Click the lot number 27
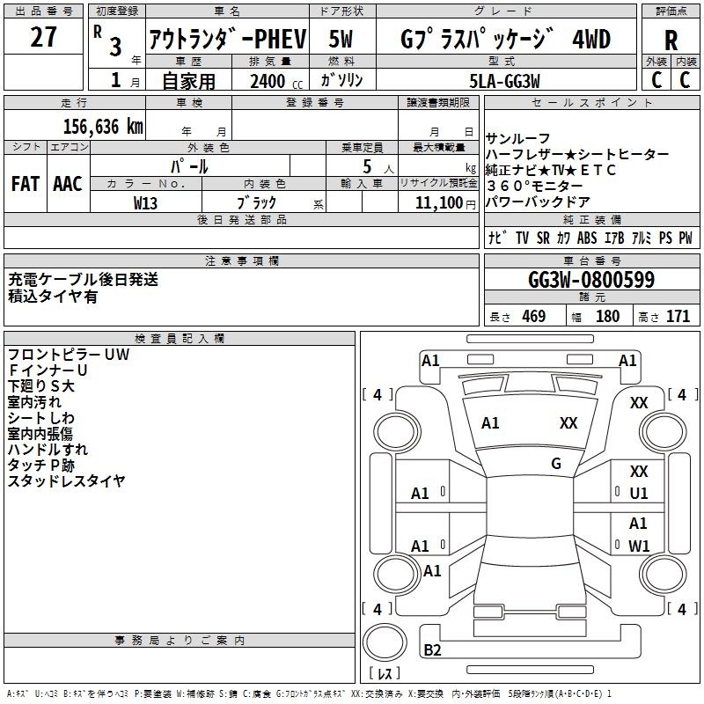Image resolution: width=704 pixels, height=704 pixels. (43, 36)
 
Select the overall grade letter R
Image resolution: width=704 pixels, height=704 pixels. (671, 40)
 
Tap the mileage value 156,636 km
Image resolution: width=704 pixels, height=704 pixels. (103, 127)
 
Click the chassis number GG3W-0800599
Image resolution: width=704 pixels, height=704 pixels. (591, 280)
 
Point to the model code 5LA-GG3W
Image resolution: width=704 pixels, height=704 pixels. (504, 81)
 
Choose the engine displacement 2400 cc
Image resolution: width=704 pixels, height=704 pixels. (276, 81)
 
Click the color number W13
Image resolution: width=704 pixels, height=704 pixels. (145, 203)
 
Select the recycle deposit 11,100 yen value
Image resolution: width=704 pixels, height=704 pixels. (445, 203)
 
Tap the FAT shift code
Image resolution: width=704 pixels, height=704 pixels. (26, 184)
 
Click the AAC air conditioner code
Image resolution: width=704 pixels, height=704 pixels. (68, 184)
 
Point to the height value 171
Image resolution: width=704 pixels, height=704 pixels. (678, 316)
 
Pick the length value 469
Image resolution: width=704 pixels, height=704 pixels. (534, 316)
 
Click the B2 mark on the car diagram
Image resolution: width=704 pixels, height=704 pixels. (432, 649)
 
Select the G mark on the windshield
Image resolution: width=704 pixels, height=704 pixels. (556, 463)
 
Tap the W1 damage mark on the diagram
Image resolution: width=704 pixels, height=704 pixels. (639, 546)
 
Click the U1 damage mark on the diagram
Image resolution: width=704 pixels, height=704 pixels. (639, 493)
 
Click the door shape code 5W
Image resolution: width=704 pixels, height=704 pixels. (341, 39)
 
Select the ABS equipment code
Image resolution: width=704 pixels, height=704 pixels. (587, 238)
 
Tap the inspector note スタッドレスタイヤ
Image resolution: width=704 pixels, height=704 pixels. (67, 480)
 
